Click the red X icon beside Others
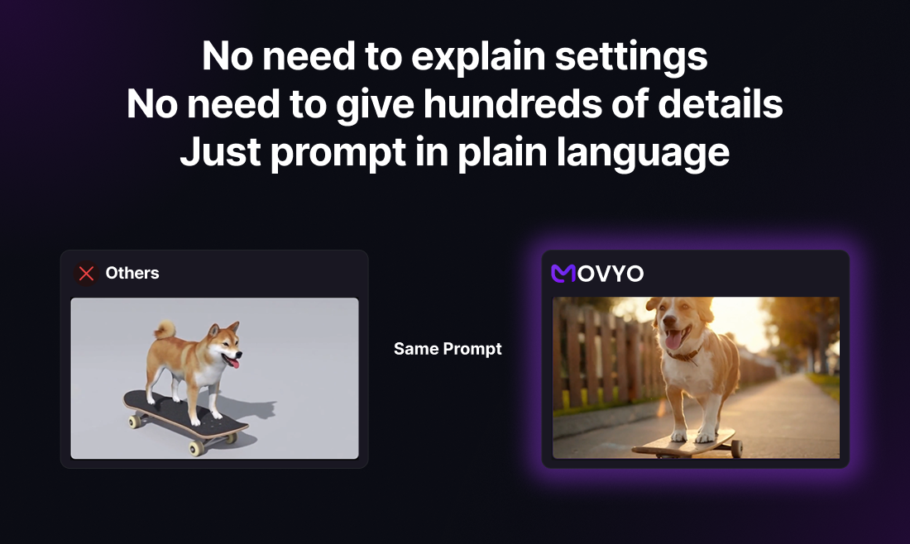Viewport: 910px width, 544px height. click(x=87, y=273)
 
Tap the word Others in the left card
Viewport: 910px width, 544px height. click(x=132, y=273)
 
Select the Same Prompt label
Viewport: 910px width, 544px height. click(x=448, y=349)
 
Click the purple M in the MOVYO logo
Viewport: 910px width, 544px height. click(x=563, y=273)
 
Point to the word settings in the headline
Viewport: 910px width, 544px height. click(x=631, y=57)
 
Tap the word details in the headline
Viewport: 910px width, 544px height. click(x=721, y=104)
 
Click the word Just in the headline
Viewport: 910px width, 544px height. click(x=220, y=152)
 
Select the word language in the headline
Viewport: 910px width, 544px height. click(x=643, y=154)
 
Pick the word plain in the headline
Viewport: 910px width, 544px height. click(x=502, y=154)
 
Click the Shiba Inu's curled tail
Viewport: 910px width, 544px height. click(x=165, y=329)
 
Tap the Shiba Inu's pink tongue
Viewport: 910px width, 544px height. click(x=232, y=362)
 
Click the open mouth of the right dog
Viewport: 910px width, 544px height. click(x=675, y=337)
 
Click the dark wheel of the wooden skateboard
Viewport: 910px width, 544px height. click(x=736, y=448)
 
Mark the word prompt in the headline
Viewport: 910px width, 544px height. click(x=338, y=154)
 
